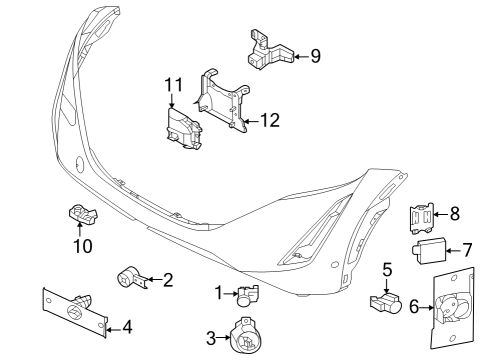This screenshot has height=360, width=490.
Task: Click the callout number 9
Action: coord(315,56)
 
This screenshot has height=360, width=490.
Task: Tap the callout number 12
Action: coord(269,121)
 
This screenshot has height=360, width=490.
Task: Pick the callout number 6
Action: coord(414,309)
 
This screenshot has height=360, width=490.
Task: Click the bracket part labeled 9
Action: coord(265,49)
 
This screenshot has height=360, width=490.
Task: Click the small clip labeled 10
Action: coord(78,212)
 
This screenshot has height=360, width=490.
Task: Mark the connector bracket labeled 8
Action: coord(423,213)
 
